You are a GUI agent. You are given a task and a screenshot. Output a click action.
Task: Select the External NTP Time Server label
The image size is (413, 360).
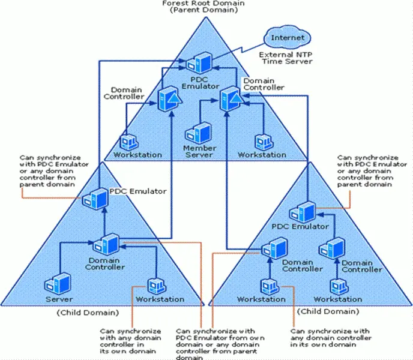(x=285, y=58)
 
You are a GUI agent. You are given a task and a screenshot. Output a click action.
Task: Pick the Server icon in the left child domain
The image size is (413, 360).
(x=59, y=283)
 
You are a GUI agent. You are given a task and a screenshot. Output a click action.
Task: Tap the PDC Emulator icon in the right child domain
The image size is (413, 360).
(x=300, y=211)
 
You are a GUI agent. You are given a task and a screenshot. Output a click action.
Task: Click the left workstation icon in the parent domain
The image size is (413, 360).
(x=127, y=141)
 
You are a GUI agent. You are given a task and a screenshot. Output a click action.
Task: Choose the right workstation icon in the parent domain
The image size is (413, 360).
(x=262, y=141)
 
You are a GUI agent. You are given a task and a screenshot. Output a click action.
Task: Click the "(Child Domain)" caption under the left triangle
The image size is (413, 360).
(x=88, y=313)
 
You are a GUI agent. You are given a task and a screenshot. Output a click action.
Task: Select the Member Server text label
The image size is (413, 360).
(x=199, y=151)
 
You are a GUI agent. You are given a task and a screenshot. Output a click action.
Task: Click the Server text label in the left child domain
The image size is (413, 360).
(x=59, y=299)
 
